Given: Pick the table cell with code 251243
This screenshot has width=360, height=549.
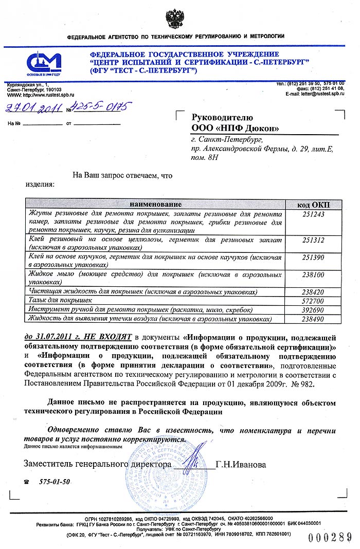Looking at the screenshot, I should [x=314, y=214].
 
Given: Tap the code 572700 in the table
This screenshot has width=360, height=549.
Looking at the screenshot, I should [x=314, y=300].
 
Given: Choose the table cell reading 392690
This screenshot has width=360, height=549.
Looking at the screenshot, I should [x=314, y=309].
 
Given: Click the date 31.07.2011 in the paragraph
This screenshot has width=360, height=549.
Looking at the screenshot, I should [x=53, y=338].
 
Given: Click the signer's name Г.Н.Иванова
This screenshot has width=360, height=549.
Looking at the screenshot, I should [x=241, y=465].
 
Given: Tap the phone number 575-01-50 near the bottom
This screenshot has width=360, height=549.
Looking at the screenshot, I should [x=55, y=482].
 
